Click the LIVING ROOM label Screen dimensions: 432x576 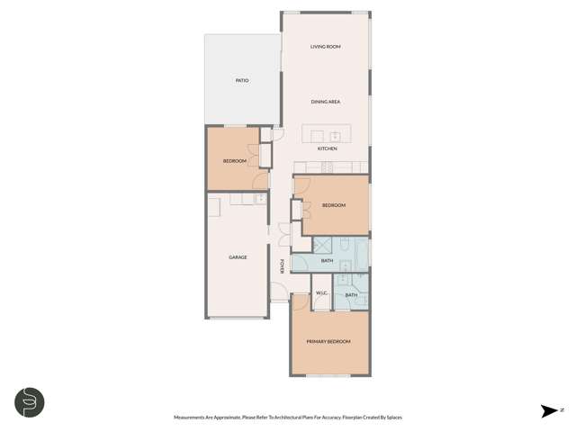(x=325, y=47)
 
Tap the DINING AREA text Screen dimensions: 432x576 (x=325, y=102)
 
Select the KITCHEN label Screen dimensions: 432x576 (x=327, y=148)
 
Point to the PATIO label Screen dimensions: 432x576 (x=242, y=81)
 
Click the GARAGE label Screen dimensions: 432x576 (x=238, y=257)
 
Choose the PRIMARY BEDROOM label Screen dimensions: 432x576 (x=328, y=342)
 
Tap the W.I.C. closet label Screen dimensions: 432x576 (x=321, y=293)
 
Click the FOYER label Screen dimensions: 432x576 (x=283, y=265)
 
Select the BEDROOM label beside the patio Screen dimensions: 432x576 (x=235, y=161)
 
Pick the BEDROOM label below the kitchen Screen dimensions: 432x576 (x=334, y=205)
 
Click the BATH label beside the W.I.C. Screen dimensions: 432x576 (x=351, y=295)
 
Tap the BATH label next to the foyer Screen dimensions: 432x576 (x=327, y=261)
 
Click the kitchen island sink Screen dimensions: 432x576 (x=335, y=136)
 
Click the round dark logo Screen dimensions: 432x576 (x=29, y=402)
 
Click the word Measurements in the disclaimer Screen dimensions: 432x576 (x=192, y=418)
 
